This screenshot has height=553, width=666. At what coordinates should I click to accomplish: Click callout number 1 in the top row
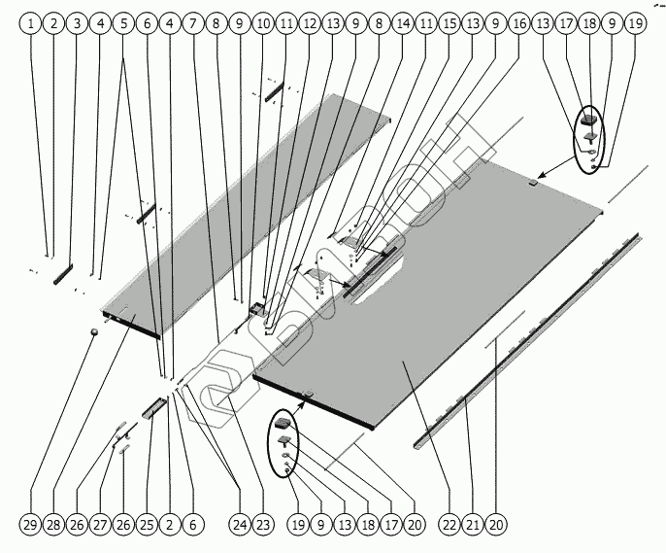point(31,22)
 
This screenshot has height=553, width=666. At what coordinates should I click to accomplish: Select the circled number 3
point(78,22)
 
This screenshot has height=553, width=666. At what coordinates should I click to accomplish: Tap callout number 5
point(123,22)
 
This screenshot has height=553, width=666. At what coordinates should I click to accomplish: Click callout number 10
point(262,22)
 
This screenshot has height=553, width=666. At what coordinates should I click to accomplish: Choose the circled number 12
point(309,22)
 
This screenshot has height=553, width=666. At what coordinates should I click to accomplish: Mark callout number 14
point(401,22)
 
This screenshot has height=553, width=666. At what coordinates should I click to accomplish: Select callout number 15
point(448,22)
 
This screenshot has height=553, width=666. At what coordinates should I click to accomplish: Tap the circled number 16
point(517,22)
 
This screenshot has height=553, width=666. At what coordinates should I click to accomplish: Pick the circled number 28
point(53,525)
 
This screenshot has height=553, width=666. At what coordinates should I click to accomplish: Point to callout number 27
point(100,525)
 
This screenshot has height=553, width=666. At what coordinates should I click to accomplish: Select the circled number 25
point(147,525)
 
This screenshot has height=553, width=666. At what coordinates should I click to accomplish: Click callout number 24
point(239,525)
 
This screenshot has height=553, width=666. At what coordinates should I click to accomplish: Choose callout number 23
point(262,525)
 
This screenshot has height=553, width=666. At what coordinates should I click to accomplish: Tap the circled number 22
point(449,525)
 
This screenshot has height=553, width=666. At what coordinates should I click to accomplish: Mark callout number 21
point(472,525)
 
